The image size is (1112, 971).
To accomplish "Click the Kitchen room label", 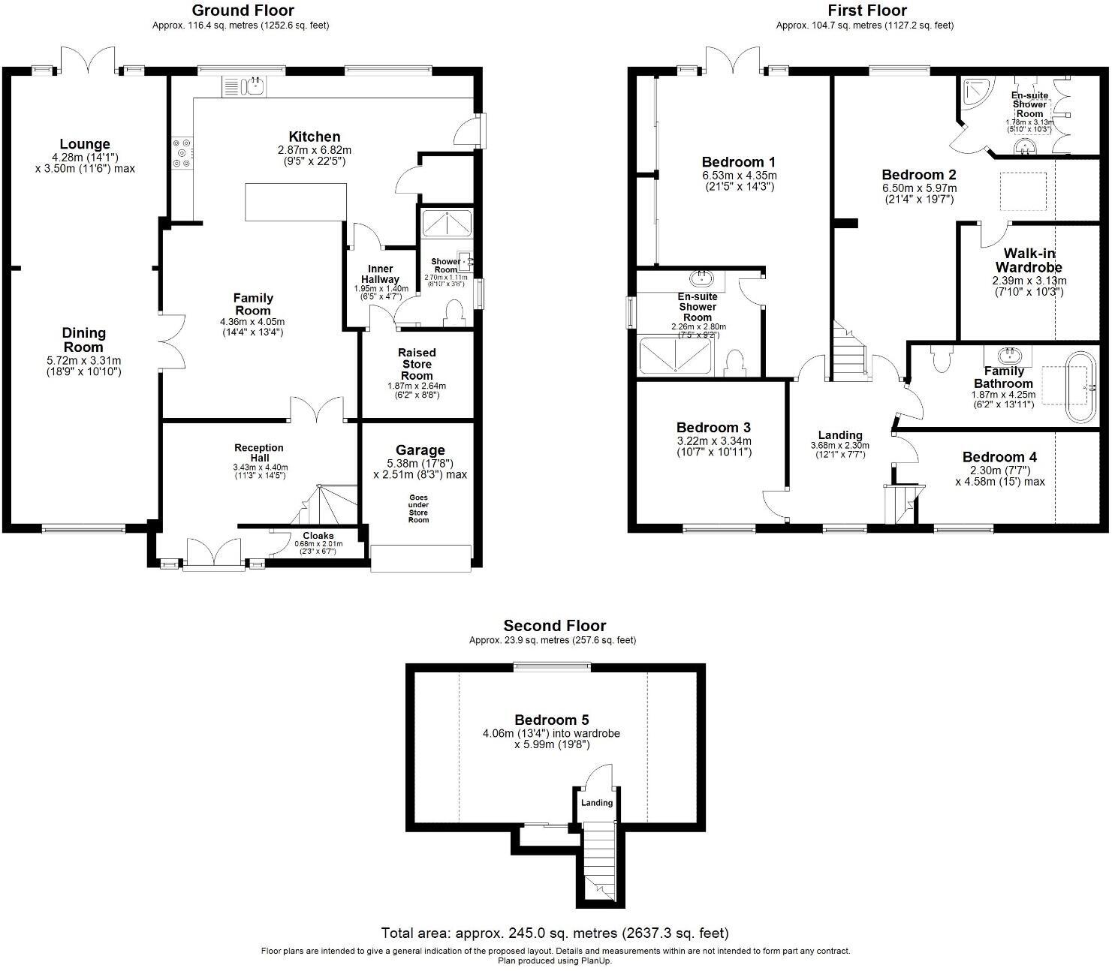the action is tap(315, 137).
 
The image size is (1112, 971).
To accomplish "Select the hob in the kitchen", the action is tap(182, 152).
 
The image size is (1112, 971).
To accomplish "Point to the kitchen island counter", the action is tap(295, 203).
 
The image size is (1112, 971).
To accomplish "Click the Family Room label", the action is tap(254, 304).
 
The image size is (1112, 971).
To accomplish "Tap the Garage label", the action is tap(420, 450).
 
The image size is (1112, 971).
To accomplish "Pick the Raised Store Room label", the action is tap(417, 364).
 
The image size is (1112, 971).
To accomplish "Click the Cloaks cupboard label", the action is tap(318, 536).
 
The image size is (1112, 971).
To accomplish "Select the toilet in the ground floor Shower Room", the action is tap(454, 311).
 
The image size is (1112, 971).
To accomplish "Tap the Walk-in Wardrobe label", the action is tap(1029, 260).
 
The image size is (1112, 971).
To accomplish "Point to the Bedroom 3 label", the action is tap(713, 428).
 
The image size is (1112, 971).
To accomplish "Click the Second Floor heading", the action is tap(554, 626).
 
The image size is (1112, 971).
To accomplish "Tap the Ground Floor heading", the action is tap(243, 11).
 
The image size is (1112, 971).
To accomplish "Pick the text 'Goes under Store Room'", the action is tap(419, 508).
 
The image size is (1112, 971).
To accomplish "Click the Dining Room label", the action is tap(83, 340).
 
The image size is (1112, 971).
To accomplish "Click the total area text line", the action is tap(555, 933).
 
